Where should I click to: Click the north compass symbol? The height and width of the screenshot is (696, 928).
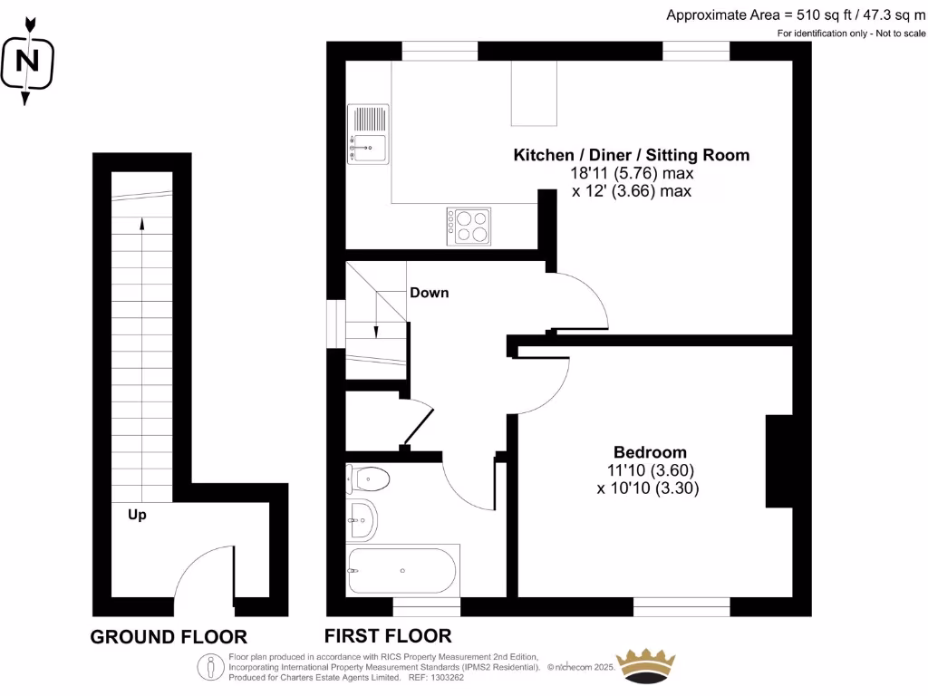tap(29, 62)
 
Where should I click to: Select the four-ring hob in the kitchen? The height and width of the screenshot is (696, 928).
tap(469, 226)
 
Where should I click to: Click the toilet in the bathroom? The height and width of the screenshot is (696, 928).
tap(368, 478)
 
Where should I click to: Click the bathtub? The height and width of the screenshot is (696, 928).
tap(402, 570)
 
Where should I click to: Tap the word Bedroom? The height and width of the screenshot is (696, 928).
tap(650, 452)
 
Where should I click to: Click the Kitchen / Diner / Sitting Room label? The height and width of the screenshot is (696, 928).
tap(632, 155)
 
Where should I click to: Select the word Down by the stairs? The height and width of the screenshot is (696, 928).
tap(430, 293)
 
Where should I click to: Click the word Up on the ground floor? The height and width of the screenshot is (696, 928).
tap(137, 515)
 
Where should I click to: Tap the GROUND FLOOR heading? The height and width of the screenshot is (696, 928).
tap(169, 637)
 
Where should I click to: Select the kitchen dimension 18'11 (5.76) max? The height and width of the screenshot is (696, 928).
tap(632, 173)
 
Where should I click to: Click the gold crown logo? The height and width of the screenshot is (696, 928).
tap(646, 666)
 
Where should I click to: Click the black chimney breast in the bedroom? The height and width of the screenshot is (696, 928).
tap(778, 461)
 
